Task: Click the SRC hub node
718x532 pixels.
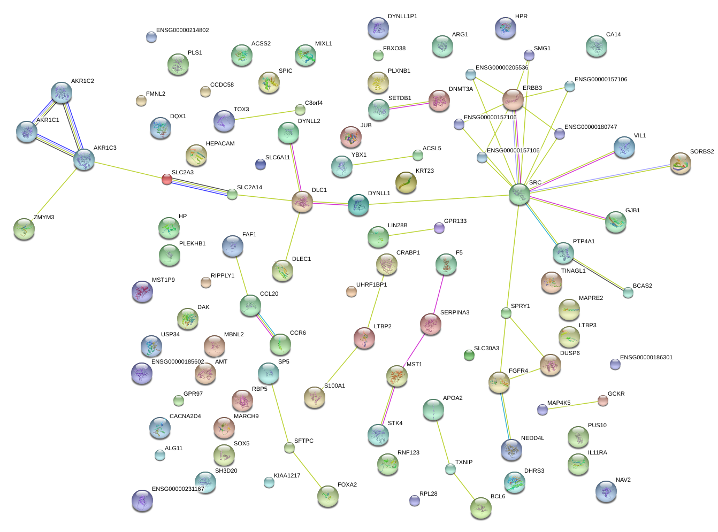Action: (x=519, y=194)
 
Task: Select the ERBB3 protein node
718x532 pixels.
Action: (x=513, y=99)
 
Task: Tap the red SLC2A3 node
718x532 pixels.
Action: (x=167, y=179)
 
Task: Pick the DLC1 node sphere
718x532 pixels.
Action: (x=302, y=202)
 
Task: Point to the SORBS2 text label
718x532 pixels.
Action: (x=701, y=152)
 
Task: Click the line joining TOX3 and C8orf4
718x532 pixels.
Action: (x=262, y=115)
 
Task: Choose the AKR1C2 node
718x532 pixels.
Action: (x=62, y=92)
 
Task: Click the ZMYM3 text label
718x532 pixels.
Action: (x=44, y=218)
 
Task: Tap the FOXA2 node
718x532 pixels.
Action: (x=327, y=496)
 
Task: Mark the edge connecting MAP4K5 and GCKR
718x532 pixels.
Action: (x=572, y=405)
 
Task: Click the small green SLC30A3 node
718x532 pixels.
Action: (x=469, y=355)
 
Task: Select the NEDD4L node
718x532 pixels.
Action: (x=511, y=450)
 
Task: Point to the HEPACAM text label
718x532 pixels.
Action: (x=220, y=144)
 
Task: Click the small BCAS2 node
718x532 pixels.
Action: (x=628, y=292)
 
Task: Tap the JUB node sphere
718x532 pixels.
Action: (x=351, y=137)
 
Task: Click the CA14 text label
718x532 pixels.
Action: (x=613, y=35)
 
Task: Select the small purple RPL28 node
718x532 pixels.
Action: (x=415, y=500)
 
